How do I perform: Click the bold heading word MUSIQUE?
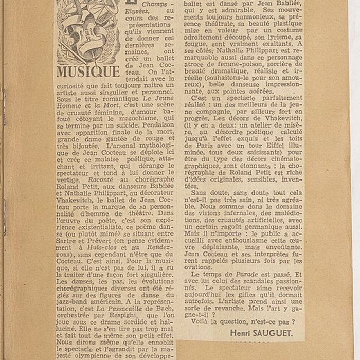point(88,71)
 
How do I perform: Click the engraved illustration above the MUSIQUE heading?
point(88,31)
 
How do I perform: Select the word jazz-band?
point(72,297)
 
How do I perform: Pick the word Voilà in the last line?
point(202,321)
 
